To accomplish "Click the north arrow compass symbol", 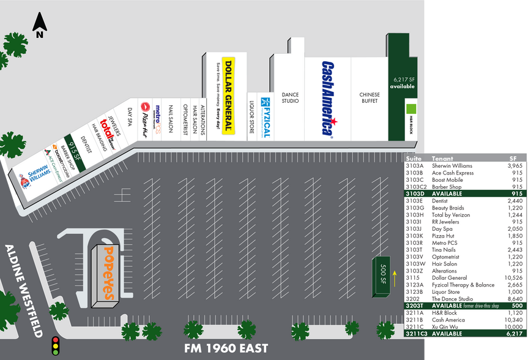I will pyautogui.click(x=40, y=26).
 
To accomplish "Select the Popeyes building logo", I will pyautogui.click(x=108, y=273).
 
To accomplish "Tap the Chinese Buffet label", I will pyautogui.click(x=370, y=98).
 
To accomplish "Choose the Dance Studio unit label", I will pyautogui.click(x=290, y=97).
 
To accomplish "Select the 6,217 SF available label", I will pyautogui.click(x=404, y=83).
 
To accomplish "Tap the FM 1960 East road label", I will pyautogui.click(x=227, y=348).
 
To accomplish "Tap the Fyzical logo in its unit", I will pyautogui.click(x=266, y=116).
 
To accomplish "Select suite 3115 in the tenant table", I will pyautogui.click(x=414, y=278).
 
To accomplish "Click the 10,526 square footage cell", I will pyautogui.click(x=513, y=278).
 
